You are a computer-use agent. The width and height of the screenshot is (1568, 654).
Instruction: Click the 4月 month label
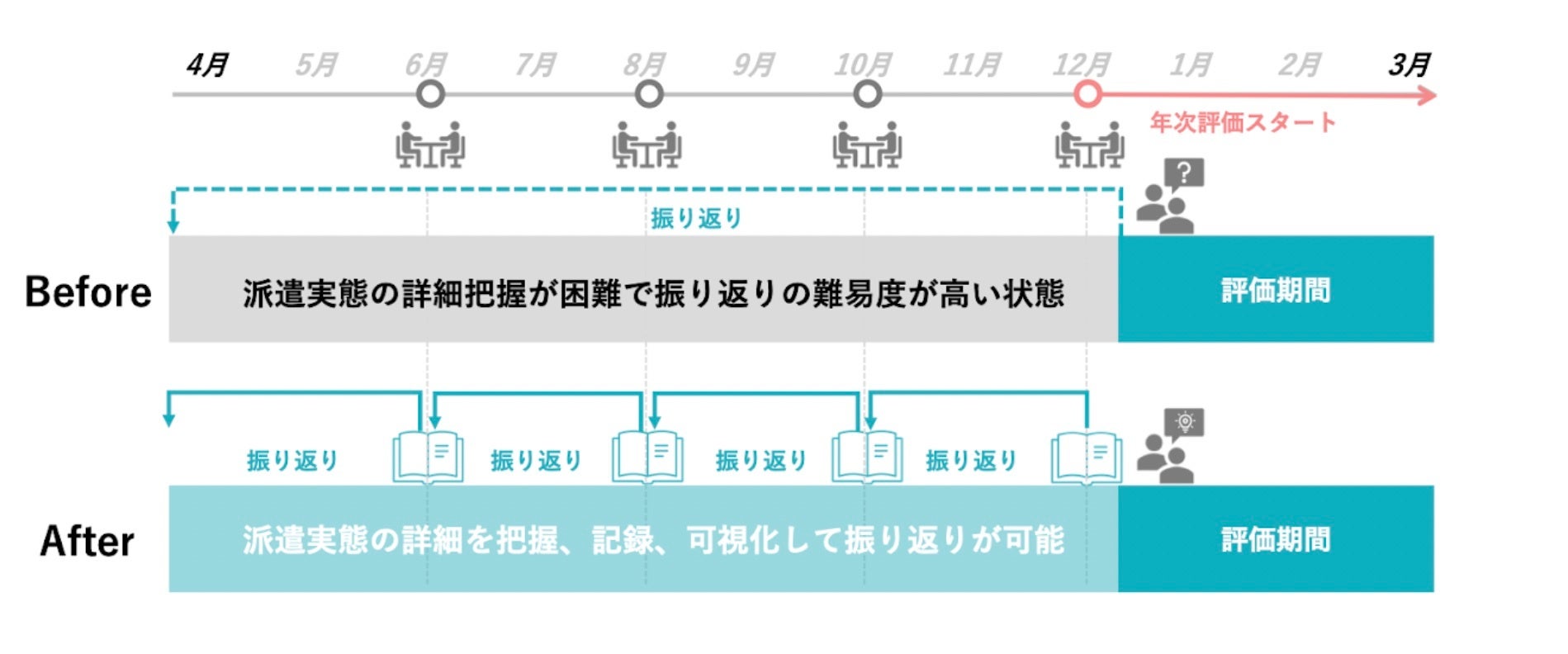click(x=207, y=64)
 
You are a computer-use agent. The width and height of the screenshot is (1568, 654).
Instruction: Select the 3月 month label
click(x=1409, y=64)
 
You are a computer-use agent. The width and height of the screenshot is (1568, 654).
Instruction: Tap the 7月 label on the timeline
click(x=535, y=64)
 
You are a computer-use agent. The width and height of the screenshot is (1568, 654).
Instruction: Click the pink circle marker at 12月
click(x=1087, y=95)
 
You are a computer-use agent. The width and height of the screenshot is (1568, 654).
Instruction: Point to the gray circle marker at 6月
click(x=430, y=95)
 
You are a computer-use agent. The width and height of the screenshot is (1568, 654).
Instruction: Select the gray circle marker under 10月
click(x=867, y=95)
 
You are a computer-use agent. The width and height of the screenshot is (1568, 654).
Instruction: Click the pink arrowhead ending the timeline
click(x=1427, y=96)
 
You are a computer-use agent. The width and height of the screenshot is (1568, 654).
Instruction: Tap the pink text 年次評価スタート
click(x=1243, y=123)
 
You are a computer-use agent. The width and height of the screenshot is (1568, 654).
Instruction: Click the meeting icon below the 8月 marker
click(x=647, y=145)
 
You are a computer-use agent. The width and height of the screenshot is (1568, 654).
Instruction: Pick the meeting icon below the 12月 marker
click(x=1089, y=145)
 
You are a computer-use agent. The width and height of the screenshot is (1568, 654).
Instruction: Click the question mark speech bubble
click(x=1184, y=174)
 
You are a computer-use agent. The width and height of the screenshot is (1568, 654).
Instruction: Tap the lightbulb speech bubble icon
click(x=1185, y=423)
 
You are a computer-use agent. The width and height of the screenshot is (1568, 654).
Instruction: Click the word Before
click(x=88, y=292)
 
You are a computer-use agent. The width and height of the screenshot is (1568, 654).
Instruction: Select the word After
click(x=87, y=542)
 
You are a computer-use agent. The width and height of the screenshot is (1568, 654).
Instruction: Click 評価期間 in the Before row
click(x=1276, y=291)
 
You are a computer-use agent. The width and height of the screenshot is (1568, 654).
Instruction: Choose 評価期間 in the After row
click(x=1276, y=540)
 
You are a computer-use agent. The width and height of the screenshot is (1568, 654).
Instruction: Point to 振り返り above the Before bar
click(x=696, y=218)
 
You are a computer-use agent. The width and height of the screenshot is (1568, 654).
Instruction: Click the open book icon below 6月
click(x=428, y=457)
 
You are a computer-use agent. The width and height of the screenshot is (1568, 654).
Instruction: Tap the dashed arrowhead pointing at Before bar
click(x=173, y=225)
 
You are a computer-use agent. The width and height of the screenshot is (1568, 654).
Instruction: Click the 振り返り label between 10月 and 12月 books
click(x=971, y=460)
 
